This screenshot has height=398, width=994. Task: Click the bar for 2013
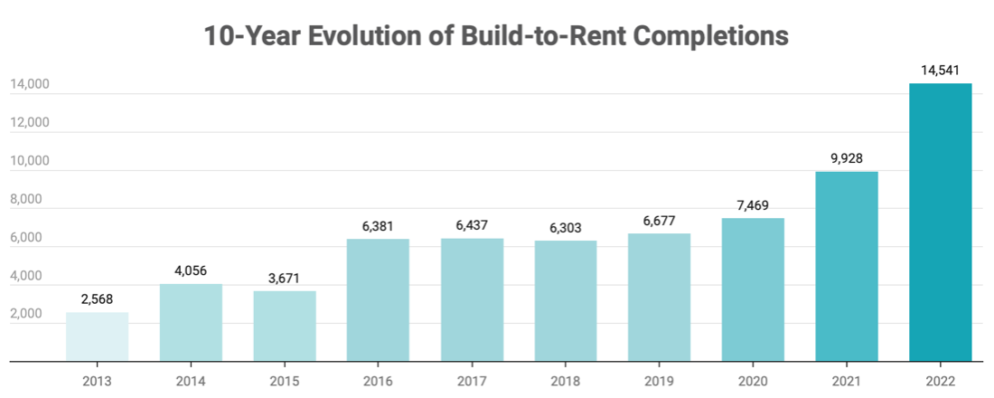[x=97, y=336]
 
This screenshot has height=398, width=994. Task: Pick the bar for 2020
[x=754, y=289]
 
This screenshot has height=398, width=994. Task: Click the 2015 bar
[x=285, y=326]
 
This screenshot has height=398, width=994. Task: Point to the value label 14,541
[x=941, y=70]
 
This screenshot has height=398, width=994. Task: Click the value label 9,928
[x=847, y=158]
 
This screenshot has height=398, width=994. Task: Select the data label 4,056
[x=191, y=270]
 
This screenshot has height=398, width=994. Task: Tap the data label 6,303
[x=566, y=227]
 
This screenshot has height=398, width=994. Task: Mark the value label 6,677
[x=660, y=220]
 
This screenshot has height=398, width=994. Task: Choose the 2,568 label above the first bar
[x=97, y=298]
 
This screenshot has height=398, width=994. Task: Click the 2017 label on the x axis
[x=472, y=382]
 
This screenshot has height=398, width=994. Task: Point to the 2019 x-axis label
[x=660, y=382]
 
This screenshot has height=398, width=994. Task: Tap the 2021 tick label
[x=847, y=382]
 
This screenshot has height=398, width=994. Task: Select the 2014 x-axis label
[x=191, y=382]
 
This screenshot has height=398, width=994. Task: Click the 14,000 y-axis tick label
[x=29, y=85]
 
